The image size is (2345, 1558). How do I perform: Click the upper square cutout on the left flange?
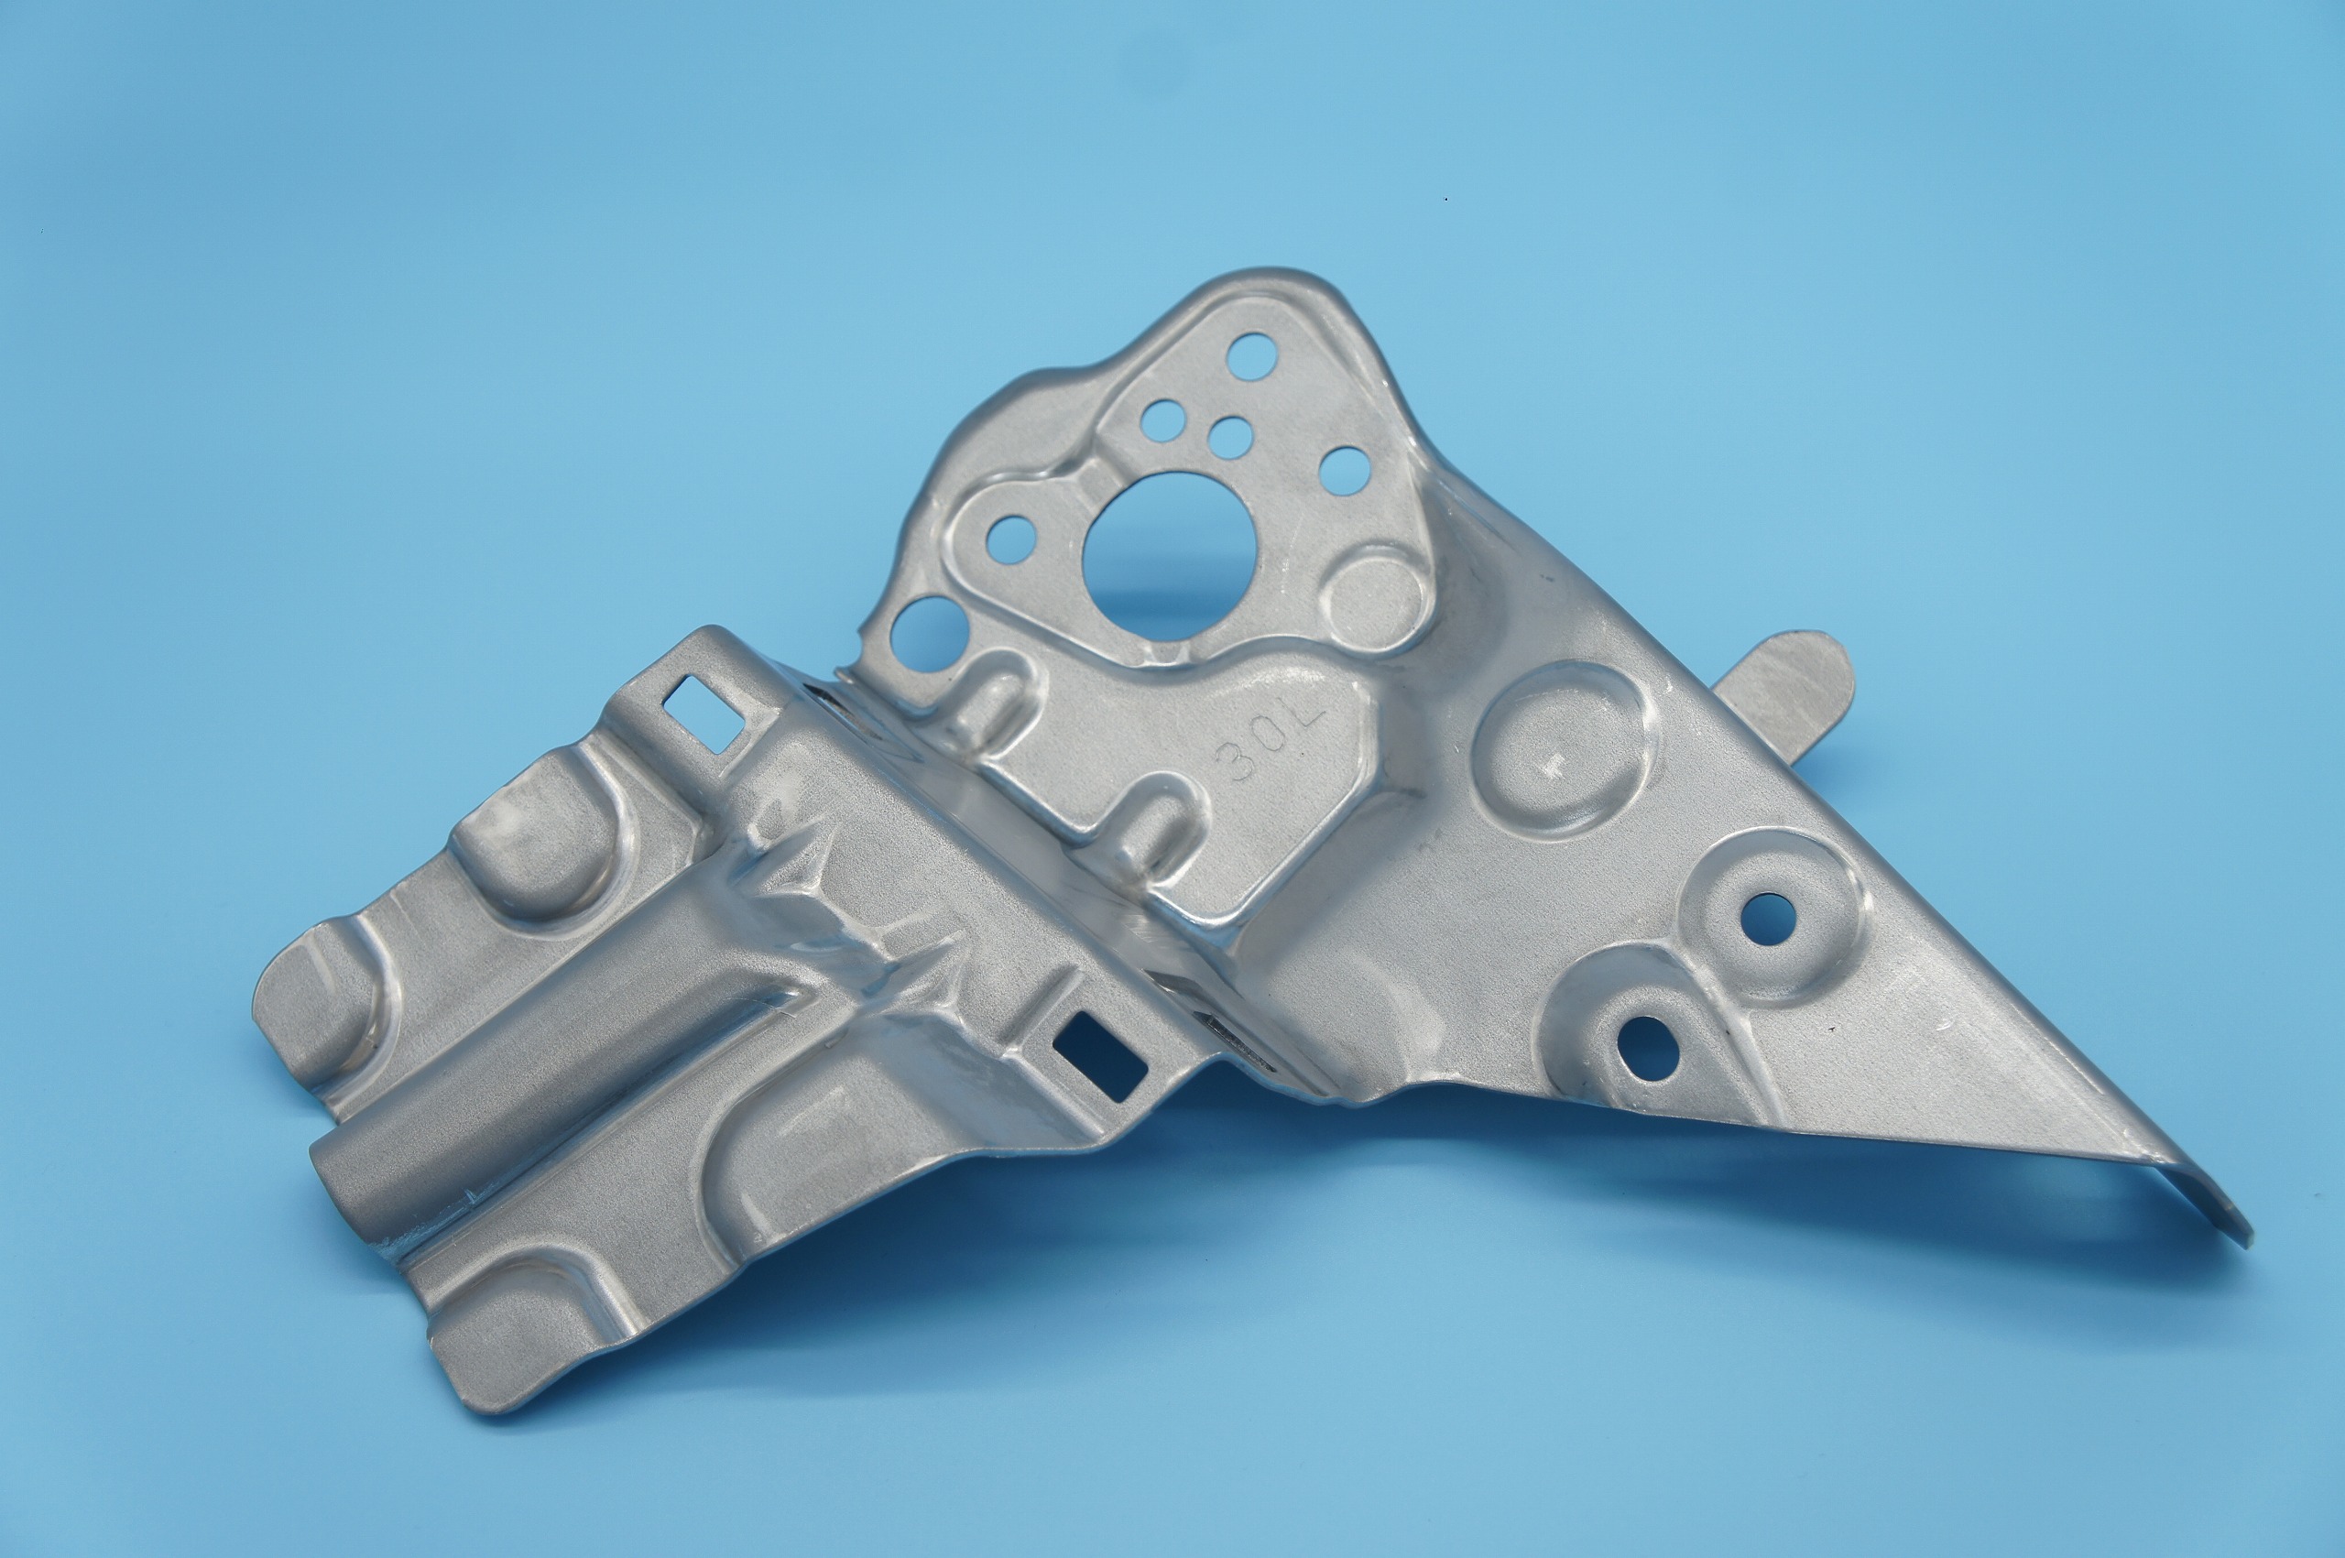coord(703,712)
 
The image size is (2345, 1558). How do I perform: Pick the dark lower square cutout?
coord(1101,1058)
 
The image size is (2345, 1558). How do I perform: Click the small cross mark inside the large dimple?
coord(1551,764)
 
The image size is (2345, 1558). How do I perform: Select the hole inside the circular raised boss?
coord(1766,918)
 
